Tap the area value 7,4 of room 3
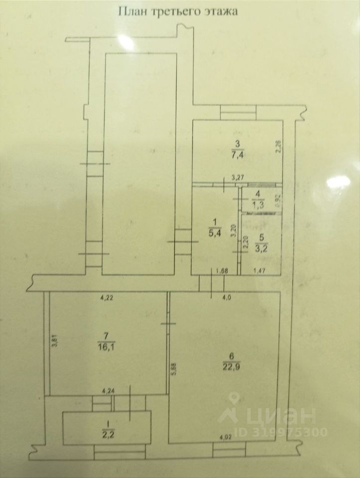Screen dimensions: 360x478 238,155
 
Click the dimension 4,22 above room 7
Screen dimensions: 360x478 107,298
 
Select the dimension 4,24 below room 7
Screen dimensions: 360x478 108,391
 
